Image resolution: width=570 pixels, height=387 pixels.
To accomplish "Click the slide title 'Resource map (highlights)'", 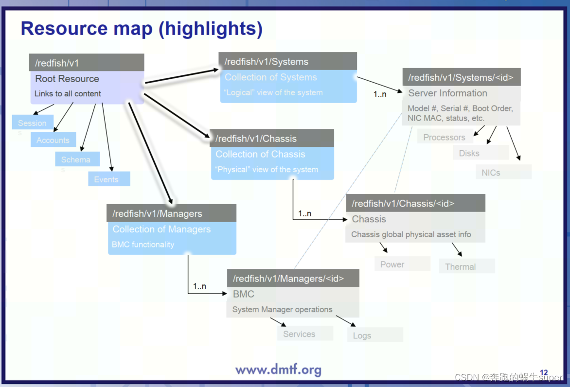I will (142, 29).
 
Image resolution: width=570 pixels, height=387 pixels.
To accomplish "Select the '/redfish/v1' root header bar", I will (87, 63).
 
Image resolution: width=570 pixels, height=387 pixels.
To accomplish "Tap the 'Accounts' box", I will (53, 140).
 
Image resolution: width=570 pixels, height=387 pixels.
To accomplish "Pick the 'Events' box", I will (108, 179).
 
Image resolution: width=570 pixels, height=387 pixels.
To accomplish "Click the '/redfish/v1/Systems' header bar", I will (287, 62).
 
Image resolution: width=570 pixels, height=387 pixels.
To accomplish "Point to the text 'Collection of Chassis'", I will (260, 154).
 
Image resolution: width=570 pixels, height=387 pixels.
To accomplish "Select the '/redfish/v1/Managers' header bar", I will (171, 213).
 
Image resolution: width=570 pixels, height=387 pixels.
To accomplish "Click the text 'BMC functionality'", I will (143, 245).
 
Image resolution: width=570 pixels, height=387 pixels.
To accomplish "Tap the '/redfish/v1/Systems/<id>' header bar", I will (461, 77).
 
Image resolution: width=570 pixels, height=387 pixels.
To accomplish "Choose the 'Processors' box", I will (444, 137).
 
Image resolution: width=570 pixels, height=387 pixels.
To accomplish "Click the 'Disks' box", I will (469, 153).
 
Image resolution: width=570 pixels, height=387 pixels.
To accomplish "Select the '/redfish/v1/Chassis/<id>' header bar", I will (415, 203).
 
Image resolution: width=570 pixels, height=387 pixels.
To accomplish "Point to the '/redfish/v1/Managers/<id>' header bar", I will (293, 278).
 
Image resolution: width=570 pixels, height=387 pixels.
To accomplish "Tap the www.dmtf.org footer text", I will (278, 369).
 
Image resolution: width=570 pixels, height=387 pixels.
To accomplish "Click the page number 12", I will (544, 373).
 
